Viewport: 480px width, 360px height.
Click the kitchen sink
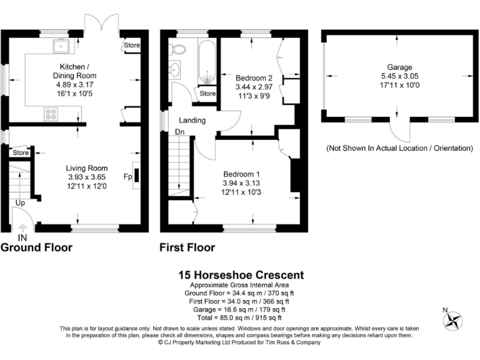tap(62, 44)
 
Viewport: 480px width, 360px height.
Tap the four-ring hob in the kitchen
tap(50, 114)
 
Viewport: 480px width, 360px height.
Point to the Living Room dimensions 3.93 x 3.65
tap(87, 177)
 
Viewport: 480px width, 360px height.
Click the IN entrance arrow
tap(22, 231)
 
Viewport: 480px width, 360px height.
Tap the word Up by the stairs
tap(20, 204)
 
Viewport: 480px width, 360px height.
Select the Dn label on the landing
tap(179, 132)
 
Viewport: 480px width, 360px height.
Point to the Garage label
tap(397, 67)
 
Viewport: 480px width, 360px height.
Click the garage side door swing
tap(397, 131)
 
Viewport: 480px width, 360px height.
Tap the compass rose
tap(452, 321)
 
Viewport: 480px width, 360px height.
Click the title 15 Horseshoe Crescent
tap(241, 275)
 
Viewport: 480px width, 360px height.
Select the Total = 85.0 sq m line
tap(241, 317)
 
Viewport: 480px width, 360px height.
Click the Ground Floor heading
tap(36, 247)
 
